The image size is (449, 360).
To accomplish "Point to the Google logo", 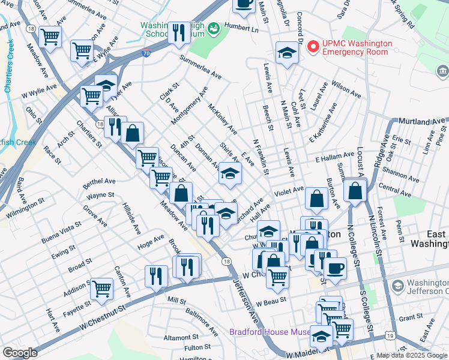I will tap(20, 353).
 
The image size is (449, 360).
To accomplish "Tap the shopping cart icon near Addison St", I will tap(102, 288).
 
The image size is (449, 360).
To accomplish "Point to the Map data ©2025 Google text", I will tap(412, 355).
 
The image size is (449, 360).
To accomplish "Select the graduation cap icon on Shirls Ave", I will tap(229, 173).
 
